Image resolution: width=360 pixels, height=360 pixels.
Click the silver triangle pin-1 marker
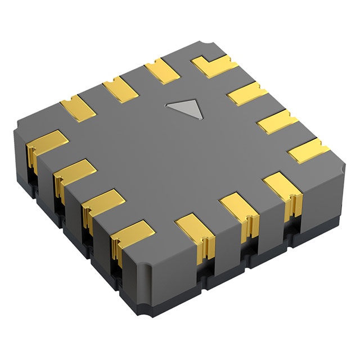pyautogui.click(x=185, y=109)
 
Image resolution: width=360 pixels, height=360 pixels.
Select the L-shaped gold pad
pyautogui.click(x=214, y=67)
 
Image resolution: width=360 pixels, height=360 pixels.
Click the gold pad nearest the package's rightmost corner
pyautogui.click(x=308, y=151)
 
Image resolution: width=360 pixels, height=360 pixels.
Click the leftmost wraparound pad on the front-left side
pyautogui.click(x=45, y=143)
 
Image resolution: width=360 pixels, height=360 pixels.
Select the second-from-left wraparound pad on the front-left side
pyautogui.click(x=73, y=173)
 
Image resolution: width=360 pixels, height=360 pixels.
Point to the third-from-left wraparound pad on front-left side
pyautogui.click(x=103, y=202)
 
